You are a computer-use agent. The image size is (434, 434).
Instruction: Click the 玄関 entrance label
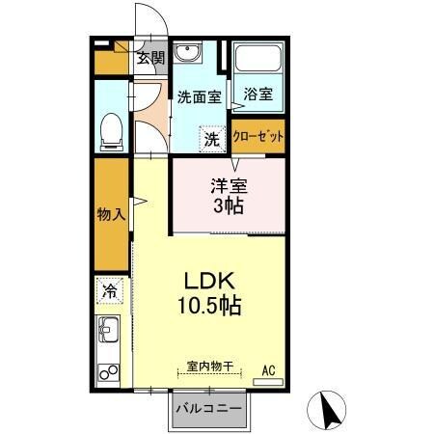tap(149, 59)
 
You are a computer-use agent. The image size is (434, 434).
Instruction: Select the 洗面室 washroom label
tap(199, 97)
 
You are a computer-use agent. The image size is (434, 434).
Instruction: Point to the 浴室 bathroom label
tap(258, 95)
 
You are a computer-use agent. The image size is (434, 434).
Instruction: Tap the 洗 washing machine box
tap(212, 138)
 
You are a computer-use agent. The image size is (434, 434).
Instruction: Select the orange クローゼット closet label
tap(258, 137)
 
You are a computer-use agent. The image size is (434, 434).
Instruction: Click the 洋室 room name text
tap(229, 186)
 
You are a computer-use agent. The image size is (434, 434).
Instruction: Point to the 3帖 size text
tap(229, 206)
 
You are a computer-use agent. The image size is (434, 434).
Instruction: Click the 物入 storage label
tap(112, 213)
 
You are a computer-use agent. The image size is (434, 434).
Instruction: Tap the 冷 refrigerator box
tap(110, 289)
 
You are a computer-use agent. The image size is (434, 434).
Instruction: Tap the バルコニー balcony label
tap(209, 408)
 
